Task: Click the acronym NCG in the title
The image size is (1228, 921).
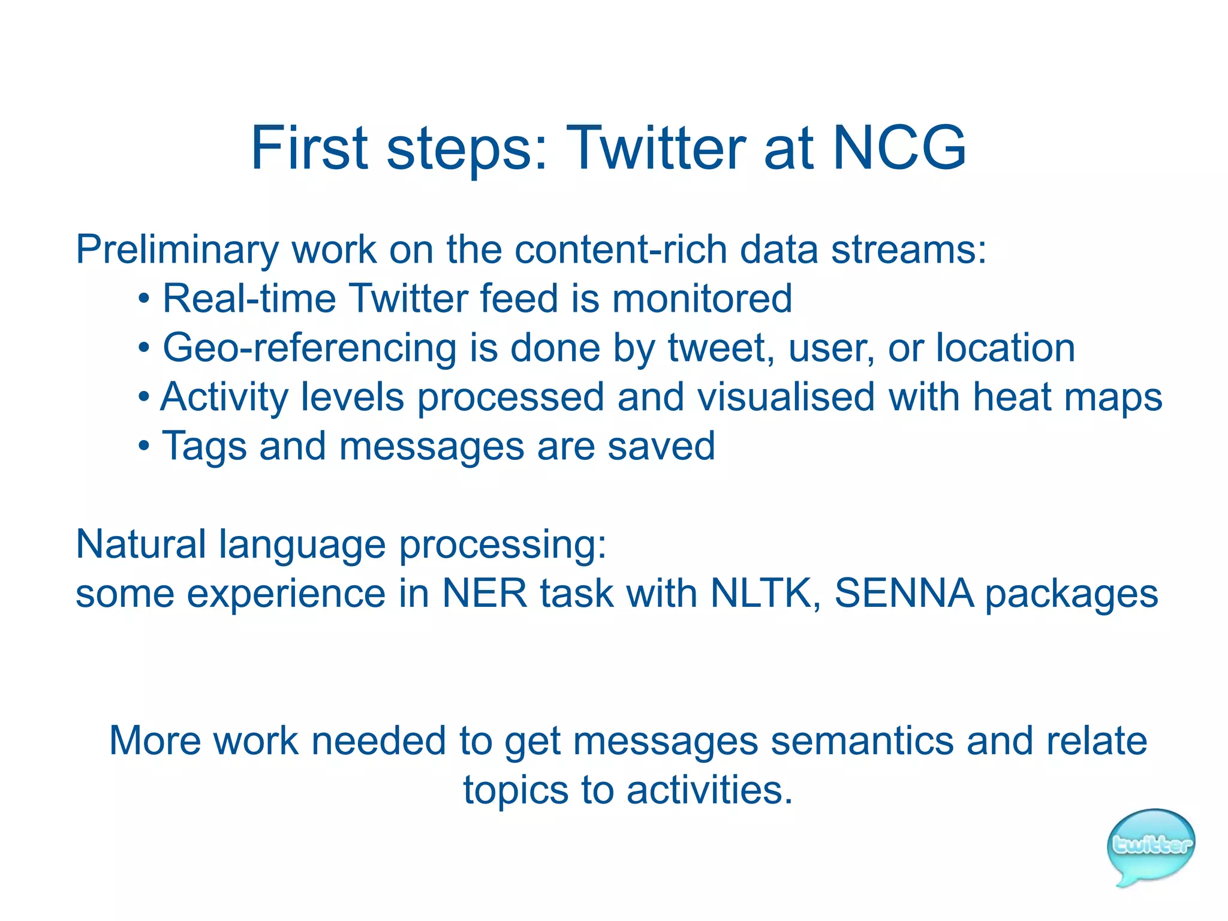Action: coord(899,148)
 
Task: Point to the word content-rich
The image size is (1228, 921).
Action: coord(621,249)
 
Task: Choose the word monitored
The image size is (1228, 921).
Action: coord(702,299)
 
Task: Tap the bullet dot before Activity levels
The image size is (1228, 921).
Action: coord(143,398)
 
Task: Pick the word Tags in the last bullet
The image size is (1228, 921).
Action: coord(204,447)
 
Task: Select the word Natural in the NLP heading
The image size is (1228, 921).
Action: coord(141,544)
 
